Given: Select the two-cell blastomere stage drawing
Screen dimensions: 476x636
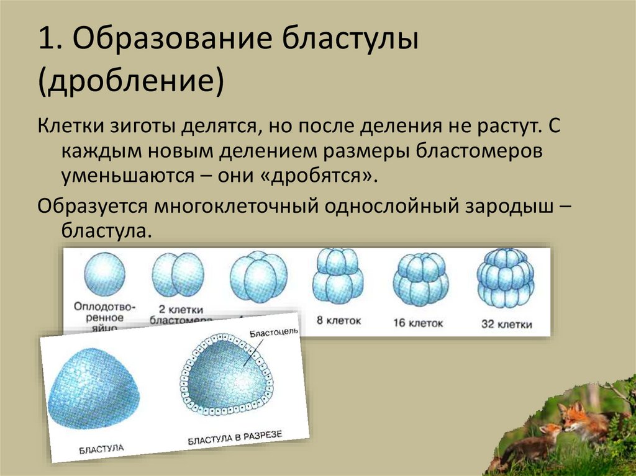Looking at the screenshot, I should [x=178, y=276].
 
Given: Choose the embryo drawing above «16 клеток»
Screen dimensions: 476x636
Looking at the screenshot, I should [x=420, y=279].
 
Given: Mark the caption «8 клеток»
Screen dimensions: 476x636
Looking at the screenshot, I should [x=338, y=321].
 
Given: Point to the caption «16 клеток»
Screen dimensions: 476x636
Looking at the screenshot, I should [x=419, y=323].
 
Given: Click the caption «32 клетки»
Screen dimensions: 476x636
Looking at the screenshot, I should [x=506, y=323].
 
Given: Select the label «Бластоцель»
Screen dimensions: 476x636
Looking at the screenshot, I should [x=273, y=332].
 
